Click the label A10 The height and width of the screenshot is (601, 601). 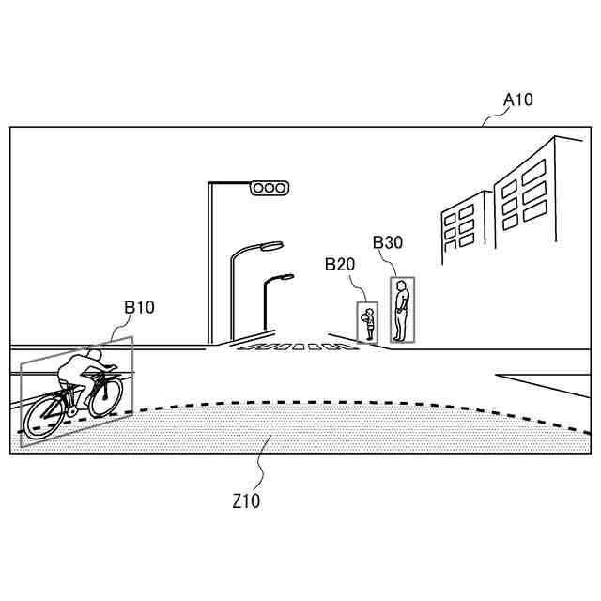click(518, 100)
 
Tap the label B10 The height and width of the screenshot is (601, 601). click(139, 306)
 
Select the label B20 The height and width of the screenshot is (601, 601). click(340, 265)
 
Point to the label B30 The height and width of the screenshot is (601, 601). click(388, 242)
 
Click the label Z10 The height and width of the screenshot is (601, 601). click(246, 501)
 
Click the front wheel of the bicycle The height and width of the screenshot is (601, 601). click(105, 396)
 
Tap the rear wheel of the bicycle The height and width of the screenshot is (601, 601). click(43, 414)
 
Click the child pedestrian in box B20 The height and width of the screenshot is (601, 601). click(369, 324)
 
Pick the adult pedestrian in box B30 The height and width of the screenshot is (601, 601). click(402, 310)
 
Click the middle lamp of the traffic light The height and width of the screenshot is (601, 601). click(269, 189)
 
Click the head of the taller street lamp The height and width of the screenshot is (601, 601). click(270, 245)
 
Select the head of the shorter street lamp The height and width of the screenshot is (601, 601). click(283, 278)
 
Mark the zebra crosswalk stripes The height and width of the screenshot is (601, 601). click(296, 347)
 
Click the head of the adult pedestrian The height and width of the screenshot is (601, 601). click(402, 285)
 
